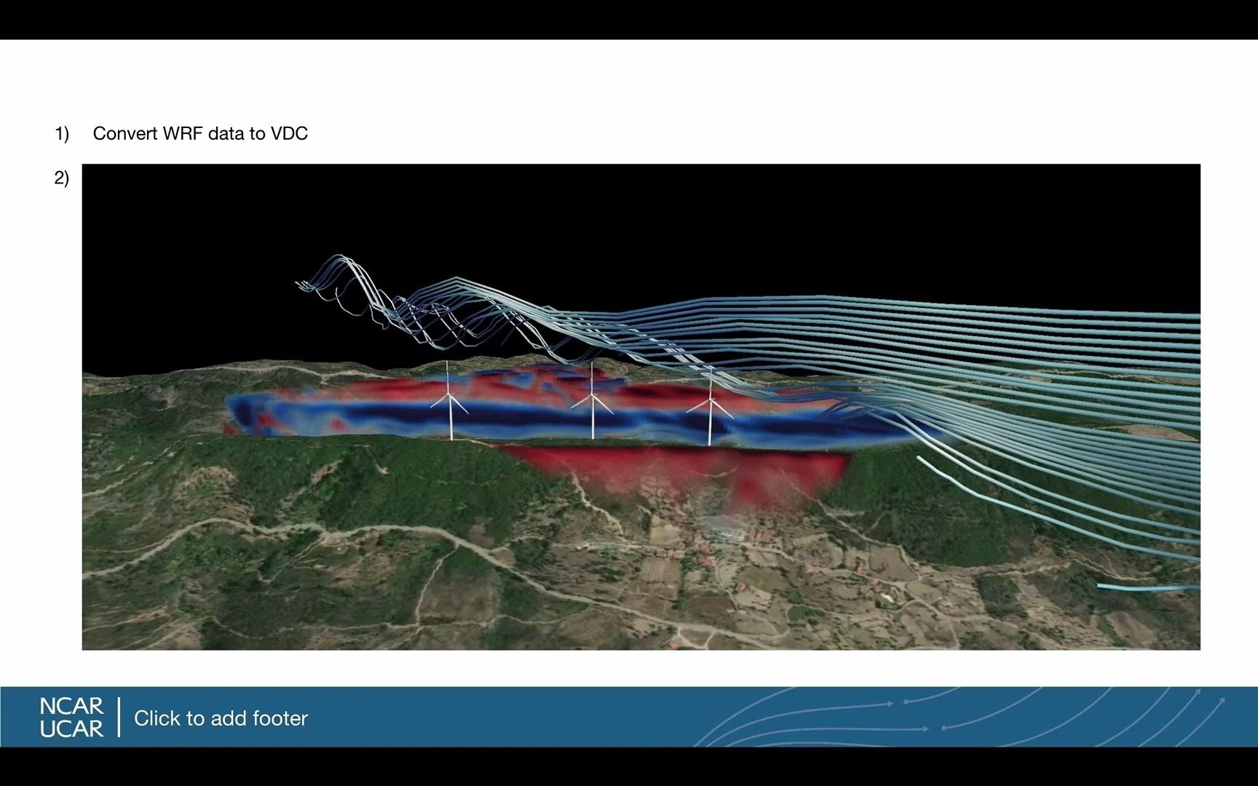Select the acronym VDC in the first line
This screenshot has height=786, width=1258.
[x=289, y=134]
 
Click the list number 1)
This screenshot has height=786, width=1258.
[x=62, y=134]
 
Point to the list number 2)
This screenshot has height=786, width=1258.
[x=62, y=178]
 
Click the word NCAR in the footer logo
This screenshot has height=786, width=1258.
[x=71, y=706]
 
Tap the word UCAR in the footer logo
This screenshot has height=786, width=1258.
[x=71, y=729]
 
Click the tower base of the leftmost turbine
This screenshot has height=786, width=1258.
[x=451, y=438]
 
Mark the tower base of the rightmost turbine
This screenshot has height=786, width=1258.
[x=710, y=442]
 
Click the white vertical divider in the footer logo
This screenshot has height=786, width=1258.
[x=119, y=717]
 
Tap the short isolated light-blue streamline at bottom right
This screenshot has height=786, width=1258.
[x=1148, y=587]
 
